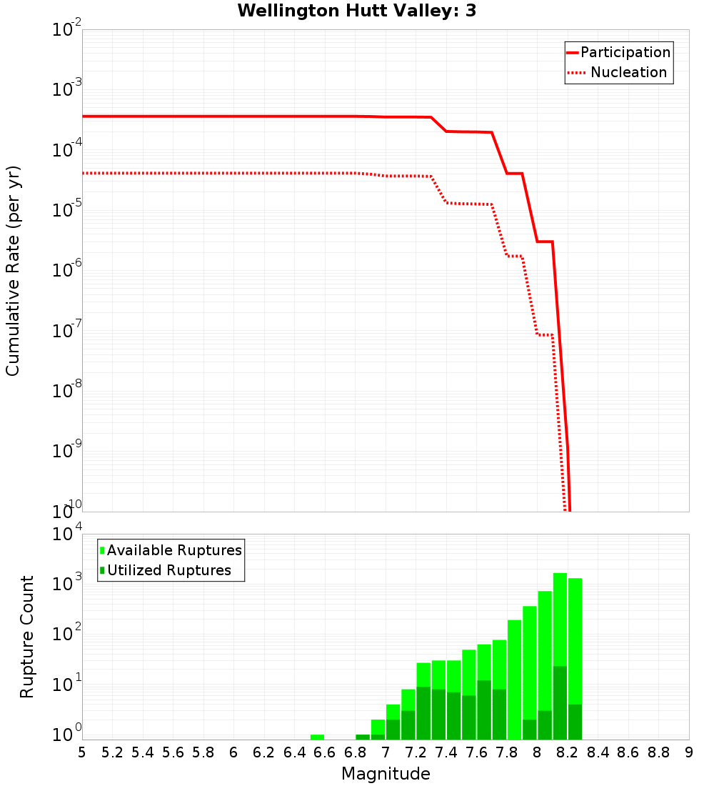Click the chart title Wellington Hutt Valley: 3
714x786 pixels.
coord(357,11)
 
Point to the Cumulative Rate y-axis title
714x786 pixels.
coord(13,270)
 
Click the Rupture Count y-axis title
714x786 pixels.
coord(27,636)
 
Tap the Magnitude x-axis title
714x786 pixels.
coord(386,774)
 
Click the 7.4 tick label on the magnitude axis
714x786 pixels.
coord(446,752)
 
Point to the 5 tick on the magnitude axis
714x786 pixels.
coord(82,752)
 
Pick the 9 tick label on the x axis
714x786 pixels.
coord(689,752)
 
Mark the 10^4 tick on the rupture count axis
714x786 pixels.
coord(68,534)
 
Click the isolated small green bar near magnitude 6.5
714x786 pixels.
coord(317,737)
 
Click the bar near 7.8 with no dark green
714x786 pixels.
coord(514,679)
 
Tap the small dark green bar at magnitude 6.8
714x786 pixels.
coord(363,737)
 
